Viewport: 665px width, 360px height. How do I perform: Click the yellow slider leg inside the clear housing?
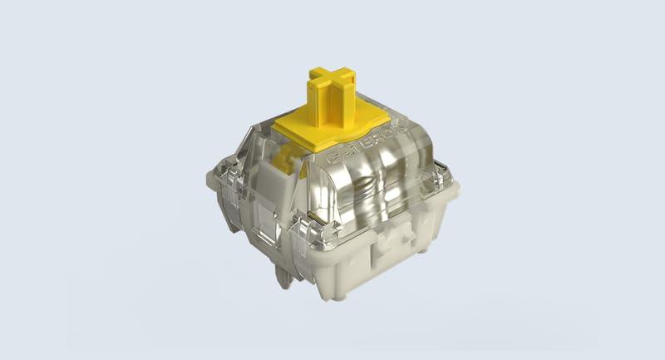[283, 158]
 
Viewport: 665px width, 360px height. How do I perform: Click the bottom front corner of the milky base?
[316, 287]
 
